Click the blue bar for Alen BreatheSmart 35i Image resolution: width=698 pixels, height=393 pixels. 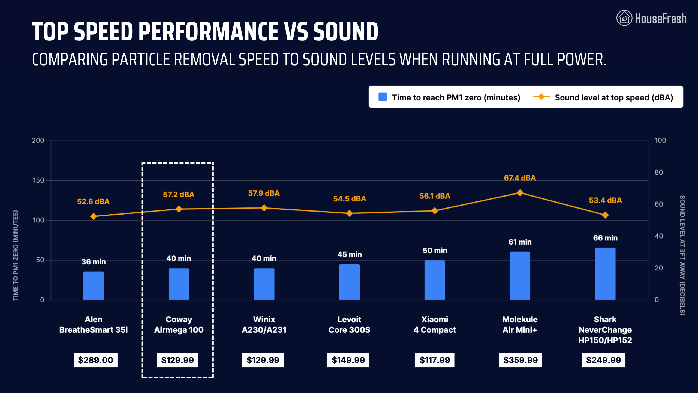pyautogui.click(x=94, y=285)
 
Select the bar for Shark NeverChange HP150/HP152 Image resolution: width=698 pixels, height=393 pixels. pyautogui.click(x=605, y=274)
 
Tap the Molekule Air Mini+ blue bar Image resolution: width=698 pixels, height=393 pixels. pyautogui.click(x=520, y=276)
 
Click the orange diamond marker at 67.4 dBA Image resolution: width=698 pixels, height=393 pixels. pyautogui.click(x=520, y=193)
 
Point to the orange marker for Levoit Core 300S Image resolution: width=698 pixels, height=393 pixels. pyautogui.click(x=349, y=213)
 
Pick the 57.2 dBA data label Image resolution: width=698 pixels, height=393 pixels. pyautogui.click(x=179, y=195)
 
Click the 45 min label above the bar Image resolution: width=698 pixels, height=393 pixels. pyautogui.click(x=350, y=254)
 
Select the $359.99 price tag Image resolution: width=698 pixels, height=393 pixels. pyautogui.click(x=520, y=360)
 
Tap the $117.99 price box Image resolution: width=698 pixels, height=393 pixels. pyautogui.click(x=435, y=360)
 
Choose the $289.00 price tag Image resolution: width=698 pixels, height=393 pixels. pyautogui.click(x=95, y=360)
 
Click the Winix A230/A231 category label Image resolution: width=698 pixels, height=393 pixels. pyautogui.click(x=264, y=324)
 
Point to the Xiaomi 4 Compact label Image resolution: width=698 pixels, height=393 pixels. pyautogui.click(x=435, y=324)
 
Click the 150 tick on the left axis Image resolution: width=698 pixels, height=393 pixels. pyautogui.click(x=38, y=180)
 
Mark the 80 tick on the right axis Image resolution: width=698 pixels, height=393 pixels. pyautogui.click(x=659, y=172)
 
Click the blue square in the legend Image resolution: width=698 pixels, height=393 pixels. pyautogui.click(x=383, y=97)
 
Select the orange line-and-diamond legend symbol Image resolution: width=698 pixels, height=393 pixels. pyautogui.click(x=541, y=97)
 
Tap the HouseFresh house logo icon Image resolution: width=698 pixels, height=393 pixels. pyautogui.click(x=624, y=18)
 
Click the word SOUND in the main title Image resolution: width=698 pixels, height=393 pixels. pyautogui.click(x=345, y=32)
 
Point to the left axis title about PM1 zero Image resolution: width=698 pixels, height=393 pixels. pyautogui.click(x=16, y=255)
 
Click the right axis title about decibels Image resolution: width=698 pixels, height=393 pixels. pyautogui.click(x=682, y=255)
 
